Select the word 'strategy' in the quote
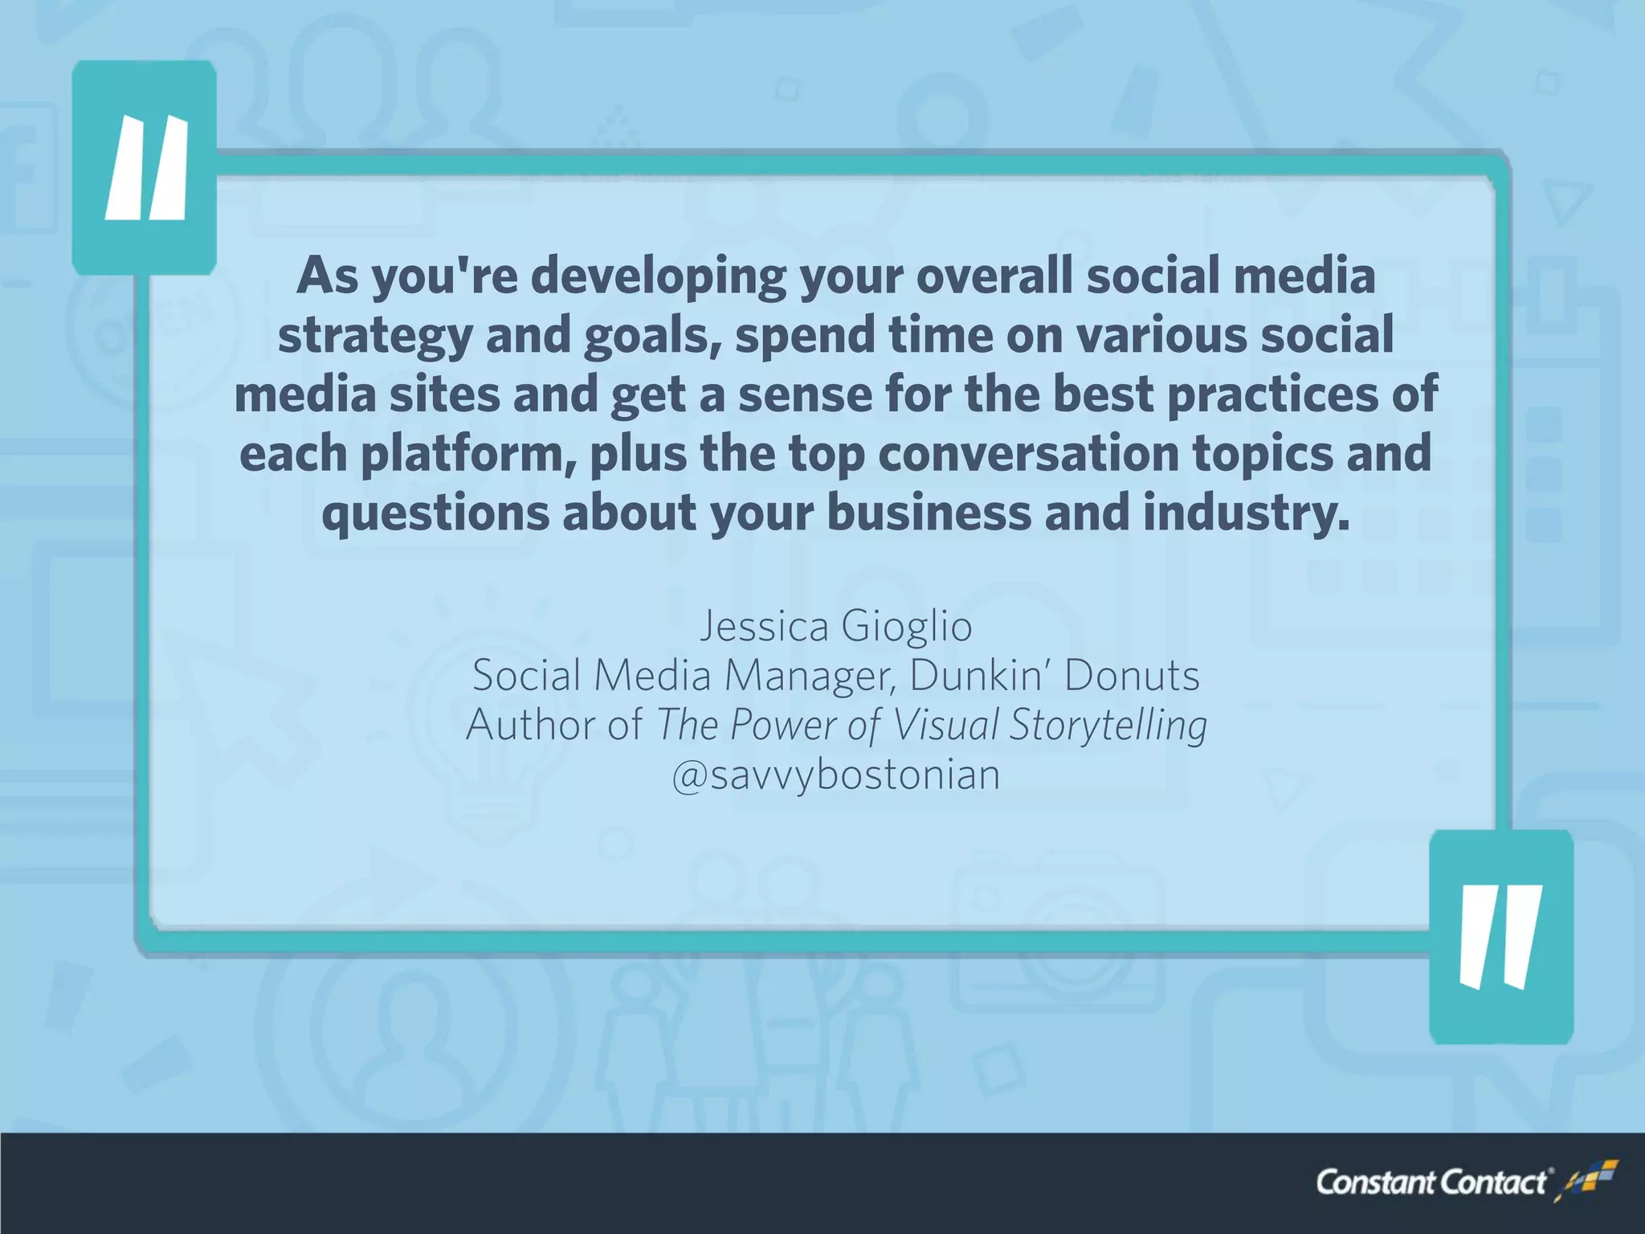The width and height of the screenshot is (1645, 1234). click(x=374, y=336)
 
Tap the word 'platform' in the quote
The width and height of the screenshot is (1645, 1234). click(x=468, y=455)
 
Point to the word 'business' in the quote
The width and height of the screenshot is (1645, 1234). click(x=929, y=514)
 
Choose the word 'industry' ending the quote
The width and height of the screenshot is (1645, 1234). click(x=1246, y=514)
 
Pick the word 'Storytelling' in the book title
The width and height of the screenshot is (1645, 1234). click(x=1108, y=725)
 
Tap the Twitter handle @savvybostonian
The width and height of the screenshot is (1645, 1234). click(x=836, y=775)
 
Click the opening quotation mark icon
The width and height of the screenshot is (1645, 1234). click(x=145, y=168)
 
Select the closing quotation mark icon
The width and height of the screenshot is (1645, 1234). click(x=1500, y=937)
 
